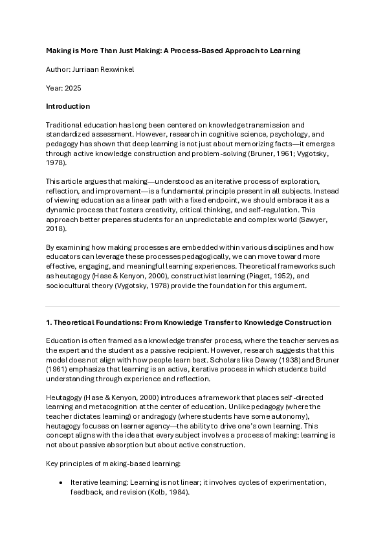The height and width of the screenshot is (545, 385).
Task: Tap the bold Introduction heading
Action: tap(68, 106)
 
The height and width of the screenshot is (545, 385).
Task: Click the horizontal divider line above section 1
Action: tap(192, 306)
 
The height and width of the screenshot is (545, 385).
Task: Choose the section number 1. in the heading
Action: tap(49, 322)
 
